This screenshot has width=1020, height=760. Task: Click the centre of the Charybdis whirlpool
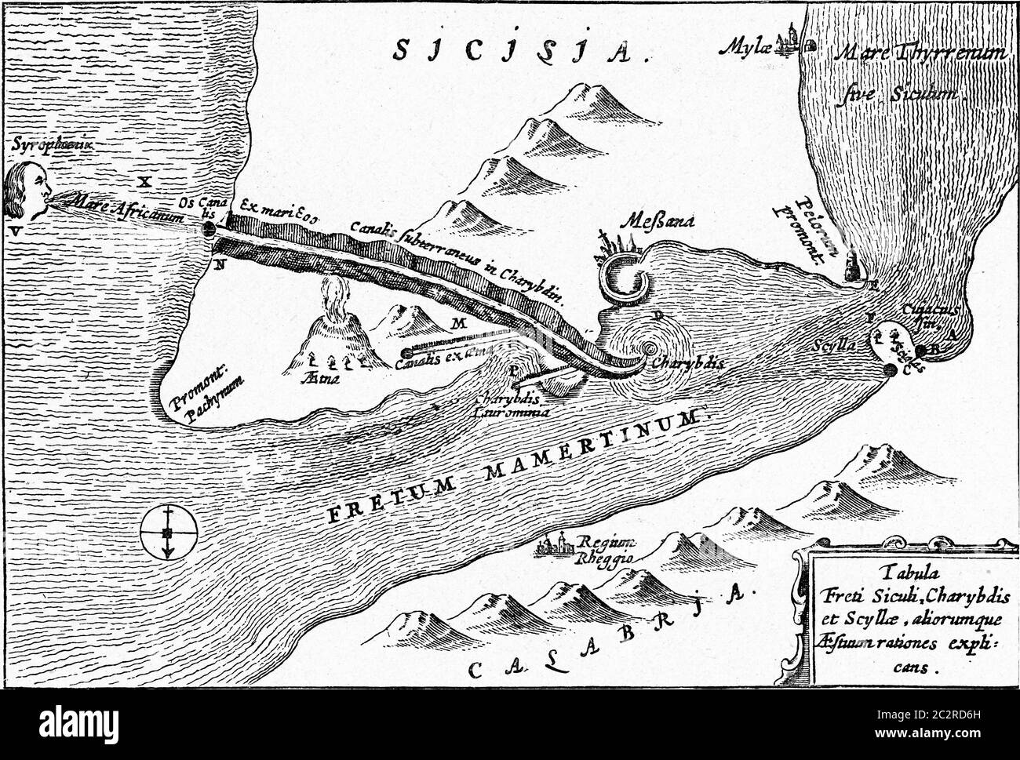pyautogui.click(x=649, y=350)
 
